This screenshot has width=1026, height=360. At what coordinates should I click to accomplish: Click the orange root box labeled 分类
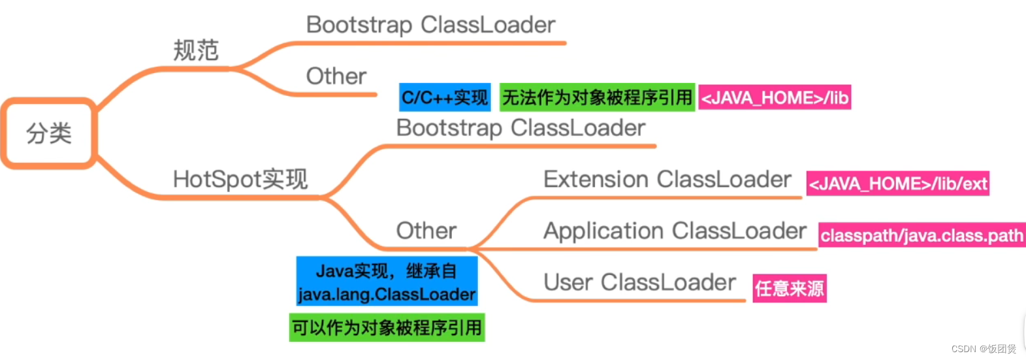tap(49, 133)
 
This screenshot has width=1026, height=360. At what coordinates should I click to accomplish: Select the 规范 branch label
tap(195, 50)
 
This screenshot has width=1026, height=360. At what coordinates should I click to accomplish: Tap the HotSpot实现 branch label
tap(240, 179)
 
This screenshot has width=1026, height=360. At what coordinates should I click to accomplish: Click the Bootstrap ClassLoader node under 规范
tap(430, 25)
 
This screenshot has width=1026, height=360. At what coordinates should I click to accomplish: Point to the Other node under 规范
tap(336, 76)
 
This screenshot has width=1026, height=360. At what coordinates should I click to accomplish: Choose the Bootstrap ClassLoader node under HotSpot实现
tap(521, 128)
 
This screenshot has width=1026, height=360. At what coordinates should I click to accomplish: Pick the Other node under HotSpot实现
tap(426, 231)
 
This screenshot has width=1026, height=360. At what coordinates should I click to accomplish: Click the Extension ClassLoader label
tap(667, 179)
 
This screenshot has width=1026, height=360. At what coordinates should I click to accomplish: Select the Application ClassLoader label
tap(675, 231)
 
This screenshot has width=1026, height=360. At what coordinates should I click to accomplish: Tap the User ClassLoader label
tap(639, 282)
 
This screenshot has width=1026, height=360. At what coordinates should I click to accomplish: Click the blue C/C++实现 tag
tap(445, 98)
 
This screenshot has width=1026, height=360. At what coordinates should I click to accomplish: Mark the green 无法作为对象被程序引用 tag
tap(597, 97)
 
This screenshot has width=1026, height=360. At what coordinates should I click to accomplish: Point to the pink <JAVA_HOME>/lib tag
tap(775, 98)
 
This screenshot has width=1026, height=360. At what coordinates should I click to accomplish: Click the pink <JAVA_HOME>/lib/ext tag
tap(897, 184)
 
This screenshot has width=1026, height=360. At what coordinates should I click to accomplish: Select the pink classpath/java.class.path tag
tap(922, 235)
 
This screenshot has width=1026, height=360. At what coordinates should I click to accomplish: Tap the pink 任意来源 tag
tap(790, 288)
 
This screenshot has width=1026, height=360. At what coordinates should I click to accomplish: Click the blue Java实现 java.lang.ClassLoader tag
tap(387, 282)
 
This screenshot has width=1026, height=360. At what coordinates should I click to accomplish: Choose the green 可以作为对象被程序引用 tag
tap(387, 327)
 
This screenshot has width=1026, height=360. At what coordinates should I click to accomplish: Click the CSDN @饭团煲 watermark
tap(984, 349)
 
